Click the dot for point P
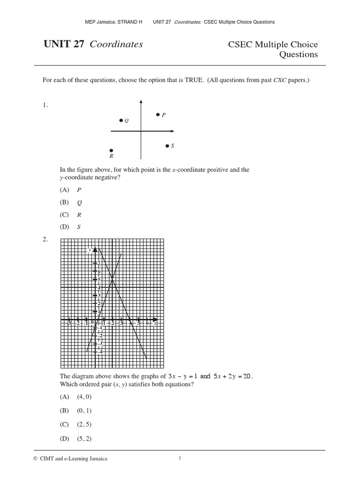point(158,114)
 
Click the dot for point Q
point(121,120)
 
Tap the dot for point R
point(111,150)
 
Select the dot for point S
point(167,146)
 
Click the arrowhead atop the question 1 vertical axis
point(141,101)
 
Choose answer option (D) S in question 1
point(71,227)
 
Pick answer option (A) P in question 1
point(71,190)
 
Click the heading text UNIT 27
point(64,45)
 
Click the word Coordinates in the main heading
point(116,45)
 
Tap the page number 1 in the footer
point(180,458)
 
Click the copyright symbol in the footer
point(45,459)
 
